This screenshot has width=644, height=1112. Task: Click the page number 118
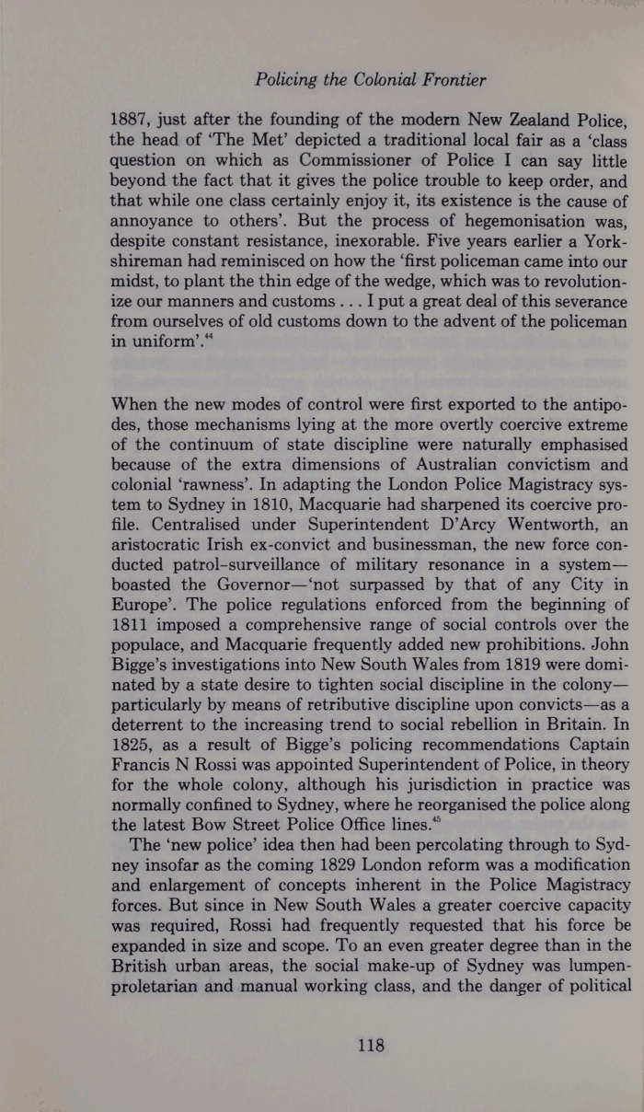[370, 1045]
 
